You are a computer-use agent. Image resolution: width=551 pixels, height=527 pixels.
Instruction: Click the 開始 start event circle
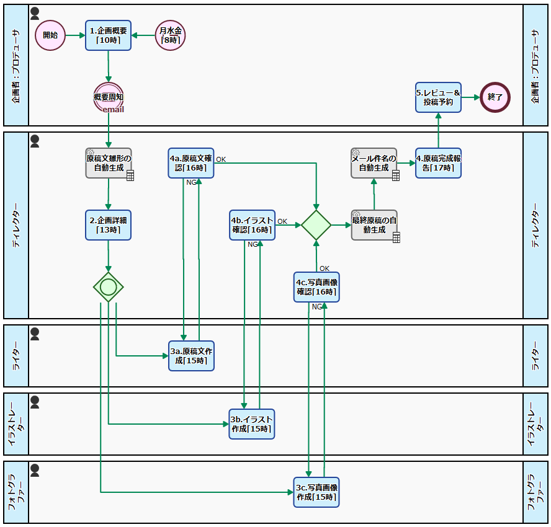tap(50, 35)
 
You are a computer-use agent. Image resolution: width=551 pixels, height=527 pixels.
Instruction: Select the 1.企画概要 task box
tap(109, 35)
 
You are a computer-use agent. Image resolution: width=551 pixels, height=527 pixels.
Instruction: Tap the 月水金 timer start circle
tap(171, 35)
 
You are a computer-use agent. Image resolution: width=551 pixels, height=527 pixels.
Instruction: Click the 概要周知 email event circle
tap(109, 97)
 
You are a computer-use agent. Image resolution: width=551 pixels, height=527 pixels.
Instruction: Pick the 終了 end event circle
tap(495, 97)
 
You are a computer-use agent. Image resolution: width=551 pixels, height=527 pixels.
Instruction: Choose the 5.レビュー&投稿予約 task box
tap(438, 97)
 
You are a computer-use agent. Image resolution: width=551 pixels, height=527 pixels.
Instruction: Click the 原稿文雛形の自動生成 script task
tap(109, 163)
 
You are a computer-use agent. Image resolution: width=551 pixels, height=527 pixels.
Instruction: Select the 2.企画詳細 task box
tap(109, 225)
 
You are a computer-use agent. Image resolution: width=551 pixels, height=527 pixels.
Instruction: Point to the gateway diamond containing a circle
tap(109, 287)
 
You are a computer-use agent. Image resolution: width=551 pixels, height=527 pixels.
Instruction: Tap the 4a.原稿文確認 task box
tap(191, 163)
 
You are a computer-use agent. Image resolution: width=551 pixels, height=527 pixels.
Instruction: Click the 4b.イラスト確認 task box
tap(252, 225)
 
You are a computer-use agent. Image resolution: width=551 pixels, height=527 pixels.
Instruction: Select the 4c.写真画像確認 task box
tap(316, 287)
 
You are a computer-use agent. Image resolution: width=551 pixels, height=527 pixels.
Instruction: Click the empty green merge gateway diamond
tap(316, 225)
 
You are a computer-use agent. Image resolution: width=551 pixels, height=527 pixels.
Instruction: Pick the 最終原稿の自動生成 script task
tap(374, 225)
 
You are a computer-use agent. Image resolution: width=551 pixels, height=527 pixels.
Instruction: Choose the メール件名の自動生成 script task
tap(374, 163)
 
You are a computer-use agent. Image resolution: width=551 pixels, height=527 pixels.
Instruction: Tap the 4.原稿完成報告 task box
tap(438, 163)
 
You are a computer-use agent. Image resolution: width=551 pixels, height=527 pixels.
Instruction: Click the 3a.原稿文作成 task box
tap(191, 356)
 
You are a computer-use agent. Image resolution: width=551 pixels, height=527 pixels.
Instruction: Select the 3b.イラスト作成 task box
tap(252, 424)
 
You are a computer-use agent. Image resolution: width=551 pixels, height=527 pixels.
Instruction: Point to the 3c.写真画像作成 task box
tap(316, 492)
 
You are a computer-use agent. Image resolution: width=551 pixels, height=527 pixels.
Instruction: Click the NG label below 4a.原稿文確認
tap(192, 182)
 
